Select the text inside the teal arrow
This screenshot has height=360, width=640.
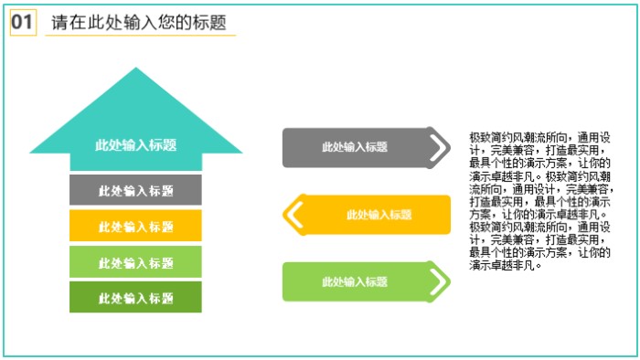(135, 145)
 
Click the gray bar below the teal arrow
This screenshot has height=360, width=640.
(135, 190)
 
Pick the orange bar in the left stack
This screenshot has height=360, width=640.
(135, 226)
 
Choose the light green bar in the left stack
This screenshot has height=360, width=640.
(135, 262)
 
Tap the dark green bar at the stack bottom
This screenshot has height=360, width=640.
(135, 297)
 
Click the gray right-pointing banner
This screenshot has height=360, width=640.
(357, 147)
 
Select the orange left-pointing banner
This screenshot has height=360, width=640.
(375, 215)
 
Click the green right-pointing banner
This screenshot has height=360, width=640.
(357, 281)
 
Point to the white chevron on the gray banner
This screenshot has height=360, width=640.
(439, 147)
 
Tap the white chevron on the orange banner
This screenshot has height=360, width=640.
(293, 215)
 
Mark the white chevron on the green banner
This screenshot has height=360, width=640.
(439, 281)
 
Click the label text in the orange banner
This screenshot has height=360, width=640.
(379, 215)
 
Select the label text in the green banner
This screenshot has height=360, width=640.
(355, 281)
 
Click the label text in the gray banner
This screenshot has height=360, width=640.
(355, 147)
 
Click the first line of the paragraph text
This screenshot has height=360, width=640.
(539, 136)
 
